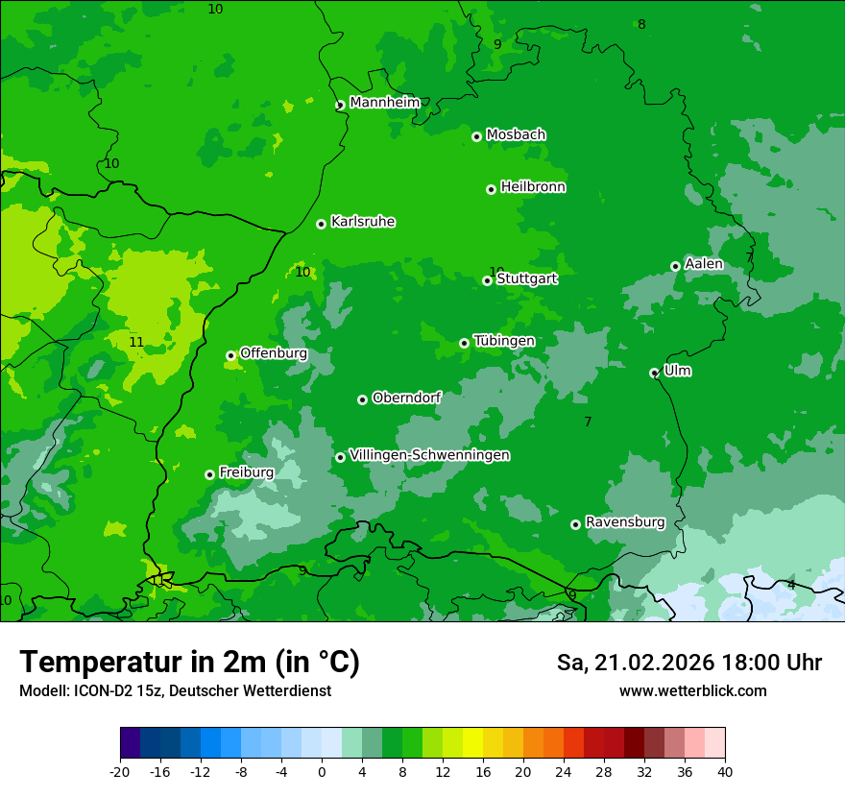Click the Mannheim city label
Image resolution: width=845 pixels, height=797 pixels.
pyautogui.click(x=384, y=103)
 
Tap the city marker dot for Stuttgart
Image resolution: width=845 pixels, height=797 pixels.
pyautogui.click(x=488, y=280)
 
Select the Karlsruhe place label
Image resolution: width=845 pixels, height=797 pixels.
pyautogui.click(x=363, y=222)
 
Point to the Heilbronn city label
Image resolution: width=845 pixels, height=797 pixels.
pyautogui.click(x=533, y=187)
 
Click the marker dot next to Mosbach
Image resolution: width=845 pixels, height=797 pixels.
pyautogui.click(x=476, y=136)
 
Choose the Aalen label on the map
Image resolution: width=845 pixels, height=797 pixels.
pyautogui.click(x=704, y=264)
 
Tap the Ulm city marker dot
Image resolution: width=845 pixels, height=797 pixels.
pyautogui.click(x=655, y=373)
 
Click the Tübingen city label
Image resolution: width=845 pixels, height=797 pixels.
pyautogui.click(x=504, y=341)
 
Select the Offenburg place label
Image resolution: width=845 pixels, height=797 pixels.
pyautogui.click(x=274, y=353)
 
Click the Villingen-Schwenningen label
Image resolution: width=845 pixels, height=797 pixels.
pyautogui.click(x=429, y=455)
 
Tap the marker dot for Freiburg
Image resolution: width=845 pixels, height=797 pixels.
pyautogui.click(x=209, y=474)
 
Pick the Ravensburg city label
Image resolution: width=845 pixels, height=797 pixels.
pyautogui.click(x=625, y=522)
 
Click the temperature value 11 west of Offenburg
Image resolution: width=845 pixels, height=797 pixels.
pyautogui.click(x=136, y=343)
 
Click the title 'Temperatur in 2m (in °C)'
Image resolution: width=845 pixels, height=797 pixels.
pyautogui.click(x=189, y=663)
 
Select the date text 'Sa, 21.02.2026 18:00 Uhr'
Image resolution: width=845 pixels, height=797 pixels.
pyautogui.click(x=688, y=663)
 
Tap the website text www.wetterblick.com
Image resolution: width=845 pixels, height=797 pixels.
pyautogui.click(x=692, y=691)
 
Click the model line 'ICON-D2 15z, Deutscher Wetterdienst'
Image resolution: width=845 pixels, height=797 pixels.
pyautogui.click(x=175, y=691)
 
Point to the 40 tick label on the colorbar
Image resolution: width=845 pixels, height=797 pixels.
pyautogui.click(x=725, y=772)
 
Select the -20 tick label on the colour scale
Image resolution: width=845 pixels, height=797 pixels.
pyautogui.click(x=120, y=772)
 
